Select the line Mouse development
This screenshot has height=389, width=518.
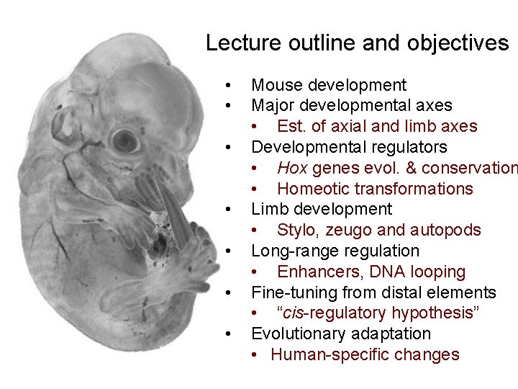tap(328, 85)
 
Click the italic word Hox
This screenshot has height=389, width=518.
tap(292, 168)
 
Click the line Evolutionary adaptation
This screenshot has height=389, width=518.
tap(340, 334)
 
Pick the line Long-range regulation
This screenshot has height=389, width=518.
tap(335, 251)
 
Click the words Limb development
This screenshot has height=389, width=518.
tap(321, 209)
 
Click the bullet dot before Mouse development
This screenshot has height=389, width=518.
tap(228, 85)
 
